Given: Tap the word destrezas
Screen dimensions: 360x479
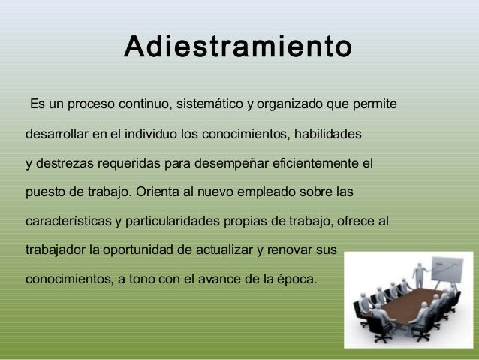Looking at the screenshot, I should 65,163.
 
